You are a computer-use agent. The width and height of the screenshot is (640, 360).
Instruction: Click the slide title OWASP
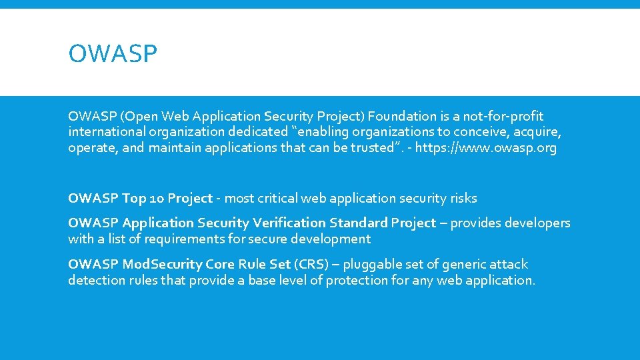(x=112, y=54)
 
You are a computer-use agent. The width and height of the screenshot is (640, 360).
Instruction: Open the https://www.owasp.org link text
(x=485, y=148)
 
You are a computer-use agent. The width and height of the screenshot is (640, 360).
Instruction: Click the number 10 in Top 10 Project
(x=157, y=198)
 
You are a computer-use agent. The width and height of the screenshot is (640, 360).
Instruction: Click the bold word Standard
(x=356, y=223)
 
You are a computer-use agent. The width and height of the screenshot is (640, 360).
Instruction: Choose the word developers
(x=537, y=223)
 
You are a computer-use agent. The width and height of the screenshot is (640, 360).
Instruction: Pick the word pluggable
(x=375, y=264)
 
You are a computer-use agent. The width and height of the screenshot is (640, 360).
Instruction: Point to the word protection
(x=359, y=280)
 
